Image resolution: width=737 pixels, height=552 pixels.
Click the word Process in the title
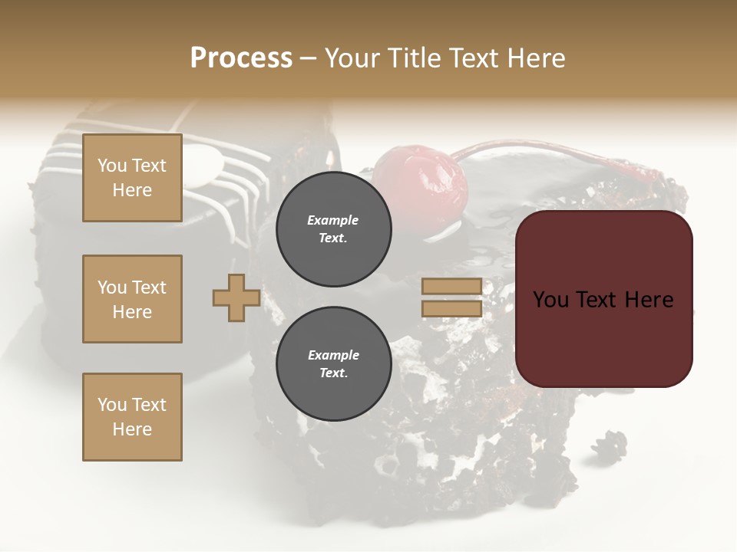click(x=241, y=58)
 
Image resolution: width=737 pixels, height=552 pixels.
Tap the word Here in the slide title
click(x=534, y=58)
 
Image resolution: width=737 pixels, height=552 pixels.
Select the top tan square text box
click(x=132, y=178)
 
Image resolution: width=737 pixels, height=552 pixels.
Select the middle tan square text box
click(x=132, y=299)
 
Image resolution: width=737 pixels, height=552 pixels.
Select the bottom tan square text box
click(x=132, y=417)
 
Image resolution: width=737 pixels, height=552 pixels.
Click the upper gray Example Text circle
click(x=333, y=229)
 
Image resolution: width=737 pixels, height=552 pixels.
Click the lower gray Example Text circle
click(x=333, y=364)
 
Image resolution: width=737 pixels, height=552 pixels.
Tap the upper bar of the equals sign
click(x=452, y=287)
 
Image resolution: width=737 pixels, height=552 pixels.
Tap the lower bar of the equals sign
click(x=452, y=309)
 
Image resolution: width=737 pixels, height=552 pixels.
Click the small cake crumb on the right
click(x=610, y=445)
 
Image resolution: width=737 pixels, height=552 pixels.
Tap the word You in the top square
click(x=111, y=166)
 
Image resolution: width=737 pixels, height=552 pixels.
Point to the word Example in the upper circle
click(x=333, y=220)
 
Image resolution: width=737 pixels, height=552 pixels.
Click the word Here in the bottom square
click(x=132, y=429)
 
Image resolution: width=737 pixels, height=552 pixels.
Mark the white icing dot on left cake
click(x=205, y=167)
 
